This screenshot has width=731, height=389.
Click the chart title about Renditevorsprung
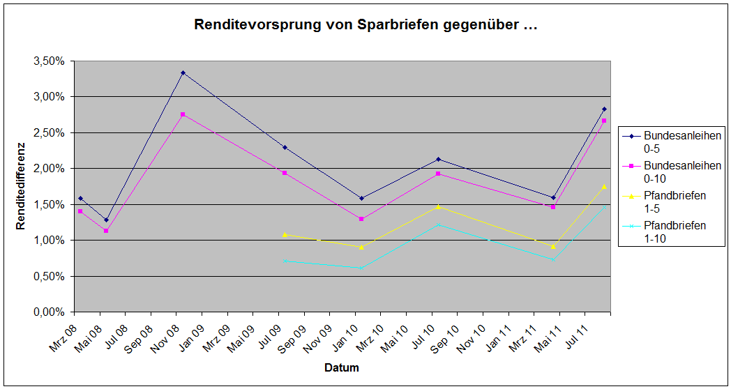(365, 26)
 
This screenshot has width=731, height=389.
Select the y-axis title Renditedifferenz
(22, 186)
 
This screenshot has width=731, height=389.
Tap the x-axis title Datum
(341, 367)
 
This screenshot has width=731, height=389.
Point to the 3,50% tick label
(49, 61)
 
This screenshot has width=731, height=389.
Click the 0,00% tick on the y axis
(49, 312)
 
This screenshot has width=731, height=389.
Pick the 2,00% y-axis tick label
(49, 169)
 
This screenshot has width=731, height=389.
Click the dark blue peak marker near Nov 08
(183, 73)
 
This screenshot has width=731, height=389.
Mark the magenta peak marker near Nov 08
(183, 114)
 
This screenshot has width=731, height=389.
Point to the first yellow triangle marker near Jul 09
(285, 234)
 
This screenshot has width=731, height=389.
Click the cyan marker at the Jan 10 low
(361, 268)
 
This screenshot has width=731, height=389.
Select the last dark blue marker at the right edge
(604, 109)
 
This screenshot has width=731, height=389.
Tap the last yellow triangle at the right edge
(604, 186)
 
